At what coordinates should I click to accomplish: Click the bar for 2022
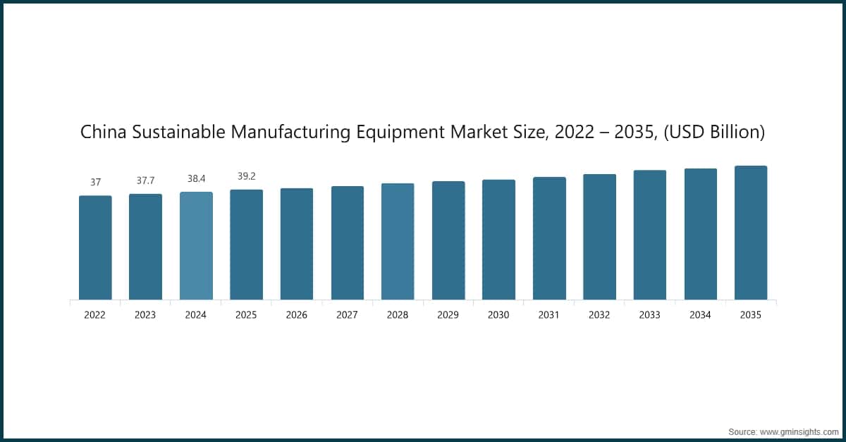pyautogui.click(x=95, y=247)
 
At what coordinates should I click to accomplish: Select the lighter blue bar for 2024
pyautogui.click(x=196, y=245)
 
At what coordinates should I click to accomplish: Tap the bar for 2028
pyautogui.click(x=398, y=241)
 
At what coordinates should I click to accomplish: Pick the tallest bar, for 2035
pyautogui.click(x=751, y=233)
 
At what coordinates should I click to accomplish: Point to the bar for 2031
pyautogui.click(x=549, y=238)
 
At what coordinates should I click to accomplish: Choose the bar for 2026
pyautogui.click(x=297, y=244)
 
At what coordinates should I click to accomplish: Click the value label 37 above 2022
pyautogui.click(x=95, y=183)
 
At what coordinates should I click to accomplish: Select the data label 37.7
pyautogui.click(x=145, y=181)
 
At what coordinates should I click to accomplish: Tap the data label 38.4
pyautogui.click(x=196, y=179)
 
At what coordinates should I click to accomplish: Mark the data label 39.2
pyautogui.click(x=246, y=176)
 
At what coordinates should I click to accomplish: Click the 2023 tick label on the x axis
pyautogui.click(x=145, y=315)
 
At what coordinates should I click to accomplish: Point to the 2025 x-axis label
pyautogui.click(x=246, y=315)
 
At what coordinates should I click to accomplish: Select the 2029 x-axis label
pyautogui.click(x=448, y=315)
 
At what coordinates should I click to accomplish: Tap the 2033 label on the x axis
pyautogui.click(x=649, y=315)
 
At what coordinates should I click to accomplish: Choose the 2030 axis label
pyautogui.click(x=498, y=315)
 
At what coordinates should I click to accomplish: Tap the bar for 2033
pyautogui.click(x=649, y=235)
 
